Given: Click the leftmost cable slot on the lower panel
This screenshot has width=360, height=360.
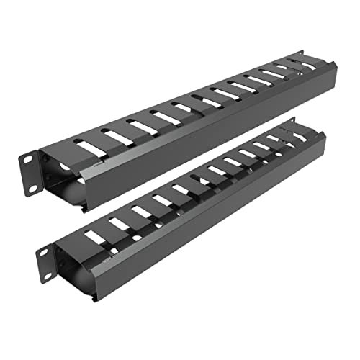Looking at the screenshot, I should pyautogui.click(x=92, y=235).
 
